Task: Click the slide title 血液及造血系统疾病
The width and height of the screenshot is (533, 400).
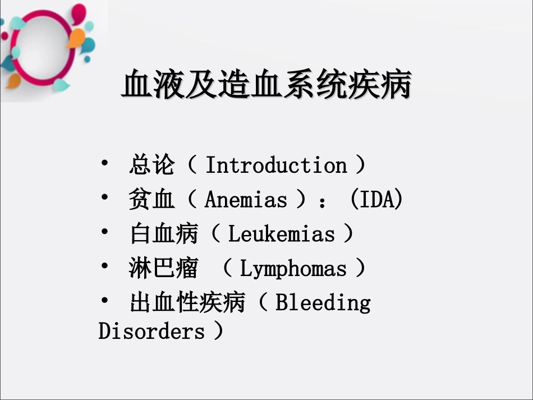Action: [266, 86]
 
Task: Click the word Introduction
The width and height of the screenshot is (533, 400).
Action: [276, 165]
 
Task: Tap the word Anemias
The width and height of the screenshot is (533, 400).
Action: [246, 200]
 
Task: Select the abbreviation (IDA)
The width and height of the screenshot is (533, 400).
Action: [376, 200]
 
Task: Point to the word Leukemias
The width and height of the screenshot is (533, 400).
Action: [281, 234]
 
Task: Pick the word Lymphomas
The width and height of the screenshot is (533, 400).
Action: [293, 269]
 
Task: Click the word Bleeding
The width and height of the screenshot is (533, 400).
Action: [323, 303]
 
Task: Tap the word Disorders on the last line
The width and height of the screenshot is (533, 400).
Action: [151, 331]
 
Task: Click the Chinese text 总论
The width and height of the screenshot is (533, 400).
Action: [151, 165]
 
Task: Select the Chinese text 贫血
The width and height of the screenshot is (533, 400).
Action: [151, 200]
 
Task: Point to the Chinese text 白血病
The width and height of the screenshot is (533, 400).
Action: [163, 234]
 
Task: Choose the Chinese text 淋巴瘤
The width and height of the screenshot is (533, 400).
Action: [163, 269]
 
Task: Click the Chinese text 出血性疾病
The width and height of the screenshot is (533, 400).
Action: [187, 303]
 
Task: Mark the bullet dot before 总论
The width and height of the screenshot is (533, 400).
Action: [105, 163]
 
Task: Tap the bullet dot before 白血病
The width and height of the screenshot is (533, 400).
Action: [105, 232]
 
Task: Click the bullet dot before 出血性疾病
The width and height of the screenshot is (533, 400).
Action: [105, 301]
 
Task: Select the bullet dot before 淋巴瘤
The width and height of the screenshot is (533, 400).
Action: [105, 266]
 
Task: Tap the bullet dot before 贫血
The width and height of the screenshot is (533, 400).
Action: [105, 197]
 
